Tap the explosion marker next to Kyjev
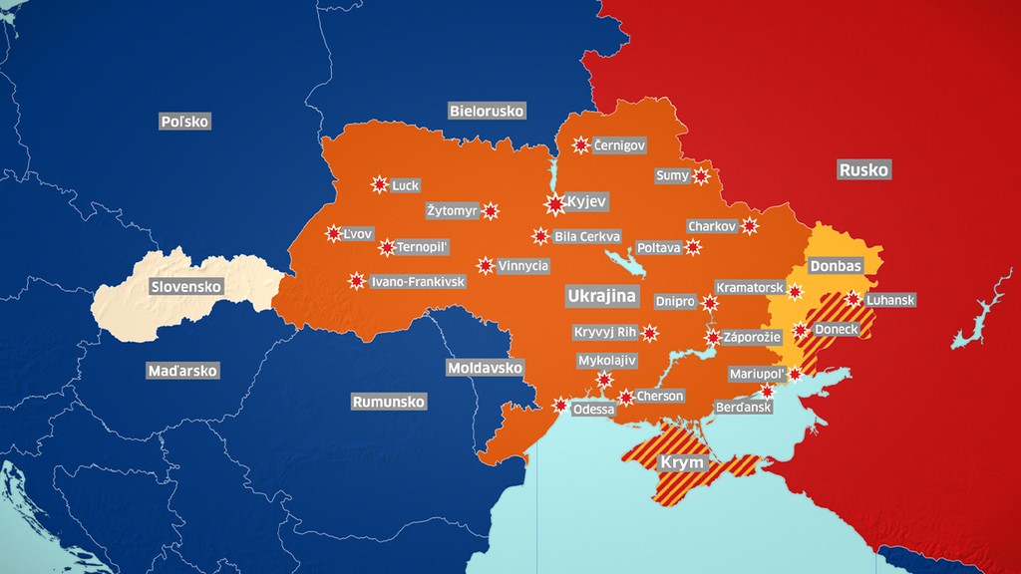(x=555, y=203)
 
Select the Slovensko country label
(x=186, y=287)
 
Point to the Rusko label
(x=863, y=169)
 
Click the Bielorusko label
(x=487, y=111)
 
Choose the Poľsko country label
(x=185, y=121)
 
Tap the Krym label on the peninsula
(x=683, y=463)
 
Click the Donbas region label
(x=836, y=267)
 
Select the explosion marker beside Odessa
(x=559, y=406)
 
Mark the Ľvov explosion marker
(x=333, y=233)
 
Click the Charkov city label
(x=712, y=227)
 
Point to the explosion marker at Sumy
(x=701, y=176)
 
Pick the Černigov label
(x=619, y=145)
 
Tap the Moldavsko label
(x=486, y=369)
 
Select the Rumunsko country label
(x=389, y=402)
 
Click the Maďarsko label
(x=182, y=371)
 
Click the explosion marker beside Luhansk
(x=852, y=298)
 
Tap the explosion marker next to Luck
(x=379, y=184)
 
